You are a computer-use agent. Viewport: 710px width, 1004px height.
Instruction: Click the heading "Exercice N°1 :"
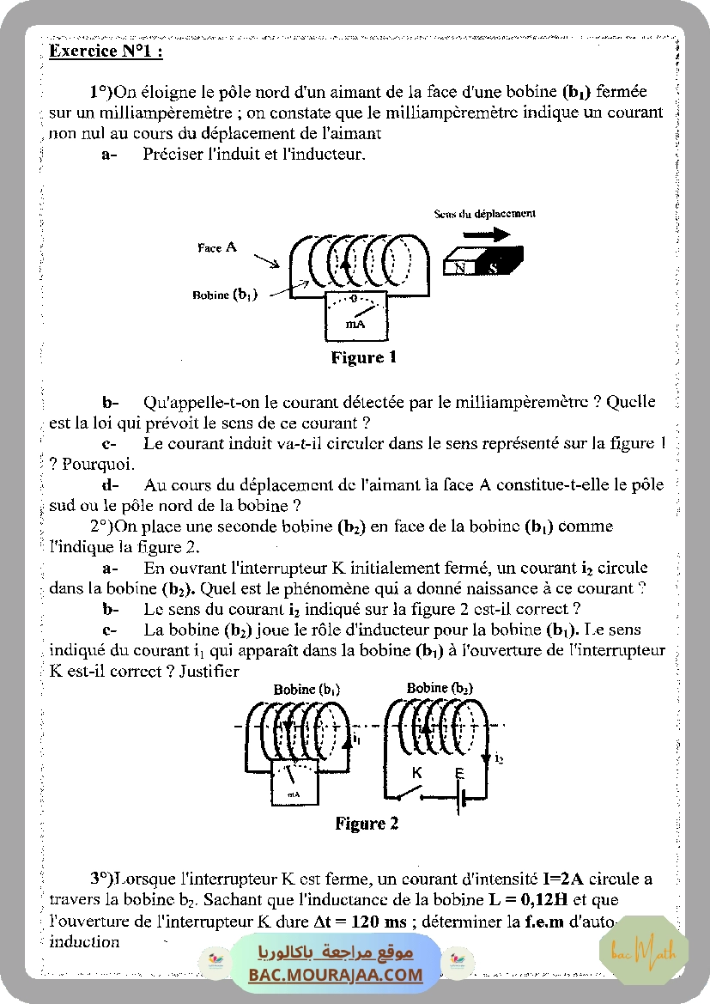click(106, 52)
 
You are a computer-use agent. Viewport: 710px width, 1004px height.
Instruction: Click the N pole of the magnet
click(461, 267)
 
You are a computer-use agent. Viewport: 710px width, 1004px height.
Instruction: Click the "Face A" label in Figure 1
click(216, 247)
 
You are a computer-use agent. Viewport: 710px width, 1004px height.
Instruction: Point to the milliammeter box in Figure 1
click(355, 317)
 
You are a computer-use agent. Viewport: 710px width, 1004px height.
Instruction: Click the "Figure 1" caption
click(363, 357)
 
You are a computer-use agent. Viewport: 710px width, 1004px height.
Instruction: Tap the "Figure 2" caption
click(367, 824)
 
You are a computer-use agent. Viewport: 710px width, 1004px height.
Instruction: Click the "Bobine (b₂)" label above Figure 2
click(440, 688)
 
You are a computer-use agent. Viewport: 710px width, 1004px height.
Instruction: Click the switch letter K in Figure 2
click(417, 772)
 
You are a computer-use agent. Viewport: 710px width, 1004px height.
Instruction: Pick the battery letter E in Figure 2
click(460, 773)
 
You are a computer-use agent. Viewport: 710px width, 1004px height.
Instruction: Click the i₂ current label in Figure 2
click(499, 758)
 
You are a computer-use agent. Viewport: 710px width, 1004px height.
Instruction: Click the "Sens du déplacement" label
click(484, 213)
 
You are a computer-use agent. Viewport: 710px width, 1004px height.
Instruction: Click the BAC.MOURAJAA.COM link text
click(336, 975)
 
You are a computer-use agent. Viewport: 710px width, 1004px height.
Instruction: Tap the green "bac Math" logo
click(644, 952)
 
